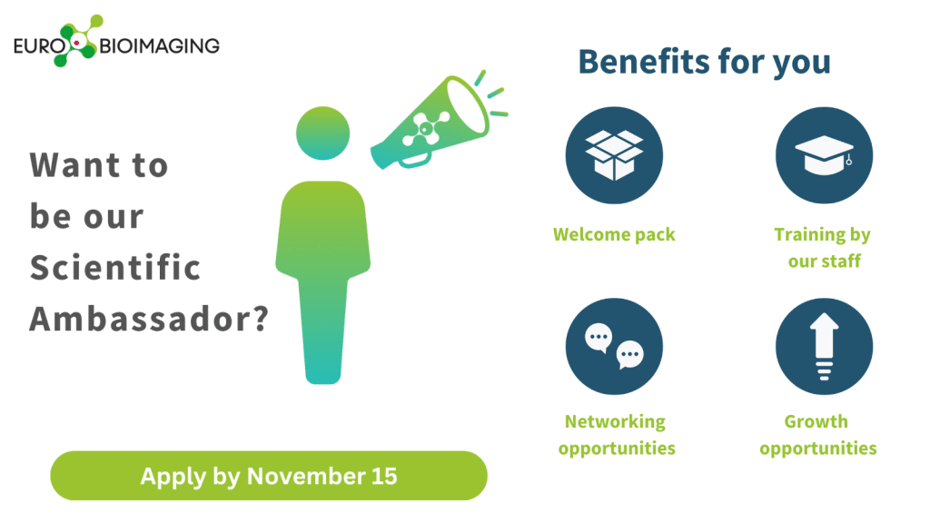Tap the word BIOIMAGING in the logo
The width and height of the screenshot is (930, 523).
point(160,45)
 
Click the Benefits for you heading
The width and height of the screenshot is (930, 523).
point(705,63)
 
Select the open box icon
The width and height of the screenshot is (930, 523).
point(614,155)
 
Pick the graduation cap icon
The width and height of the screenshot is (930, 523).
point(825,155)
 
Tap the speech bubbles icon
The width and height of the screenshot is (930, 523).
point(614,346)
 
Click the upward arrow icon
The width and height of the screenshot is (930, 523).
point(825,346)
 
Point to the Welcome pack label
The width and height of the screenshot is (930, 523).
point(614,234)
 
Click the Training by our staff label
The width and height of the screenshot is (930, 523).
point(823,247)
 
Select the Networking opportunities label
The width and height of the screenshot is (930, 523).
point(617,435)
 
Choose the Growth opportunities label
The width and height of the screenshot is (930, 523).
point(818,435)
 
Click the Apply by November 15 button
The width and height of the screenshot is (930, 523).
point(269,476)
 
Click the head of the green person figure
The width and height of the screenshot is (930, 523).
point(322,133)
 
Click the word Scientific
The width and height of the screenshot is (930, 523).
point(115,268)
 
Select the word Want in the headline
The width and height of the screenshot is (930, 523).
point(74,165)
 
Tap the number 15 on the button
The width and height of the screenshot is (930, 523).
point(384,476)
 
